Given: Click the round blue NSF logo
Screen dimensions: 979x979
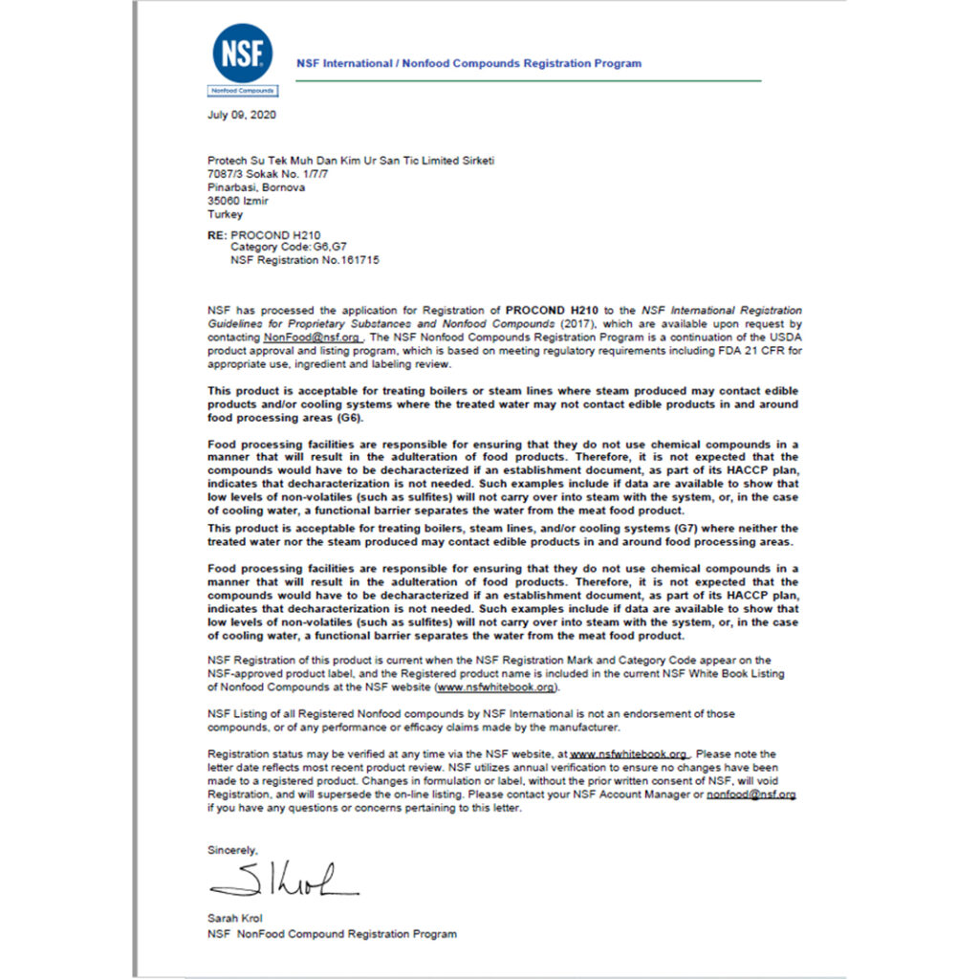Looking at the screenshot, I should pyautogui.click(x=242, y=53).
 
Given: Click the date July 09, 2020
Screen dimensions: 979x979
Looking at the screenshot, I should pyautogui.click(x=242, y=115).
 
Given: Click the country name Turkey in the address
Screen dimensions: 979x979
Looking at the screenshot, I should pyautogui.click(x=225, y=215).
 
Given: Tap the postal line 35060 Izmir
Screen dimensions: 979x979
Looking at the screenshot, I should pyautogui.click(x=238, y=201).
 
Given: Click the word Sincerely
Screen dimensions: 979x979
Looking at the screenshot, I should pyautogui.click(x=232, y=849).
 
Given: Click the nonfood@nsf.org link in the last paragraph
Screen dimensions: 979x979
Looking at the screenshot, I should pyautogui.click(x=751, y=794).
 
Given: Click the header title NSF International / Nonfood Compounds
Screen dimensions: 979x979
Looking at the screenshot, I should pyautogui.click(x=468, y=63).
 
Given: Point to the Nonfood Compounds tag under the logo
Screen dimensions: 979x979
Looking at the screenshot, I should pyautogui.click(x=242, y=91).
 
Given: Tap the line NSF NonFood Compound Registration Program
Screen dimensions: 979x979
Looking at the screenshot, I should pyautogui.click(x=332, y=933).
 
